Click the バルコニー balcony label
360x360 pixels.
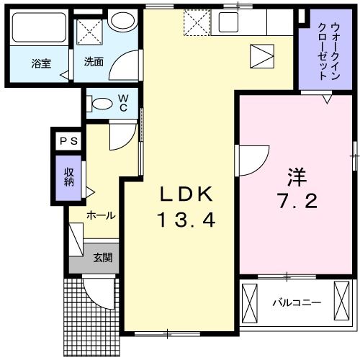[296, 303]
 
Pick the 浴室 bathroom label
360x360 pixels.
[41, 62]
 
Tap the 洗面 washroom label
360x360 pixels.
[93, 62]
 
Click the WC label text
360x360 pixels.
[124, 102]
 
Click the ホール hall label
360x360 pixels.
[101, 215]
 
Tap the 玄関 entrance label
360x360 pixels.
[102, 257]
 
